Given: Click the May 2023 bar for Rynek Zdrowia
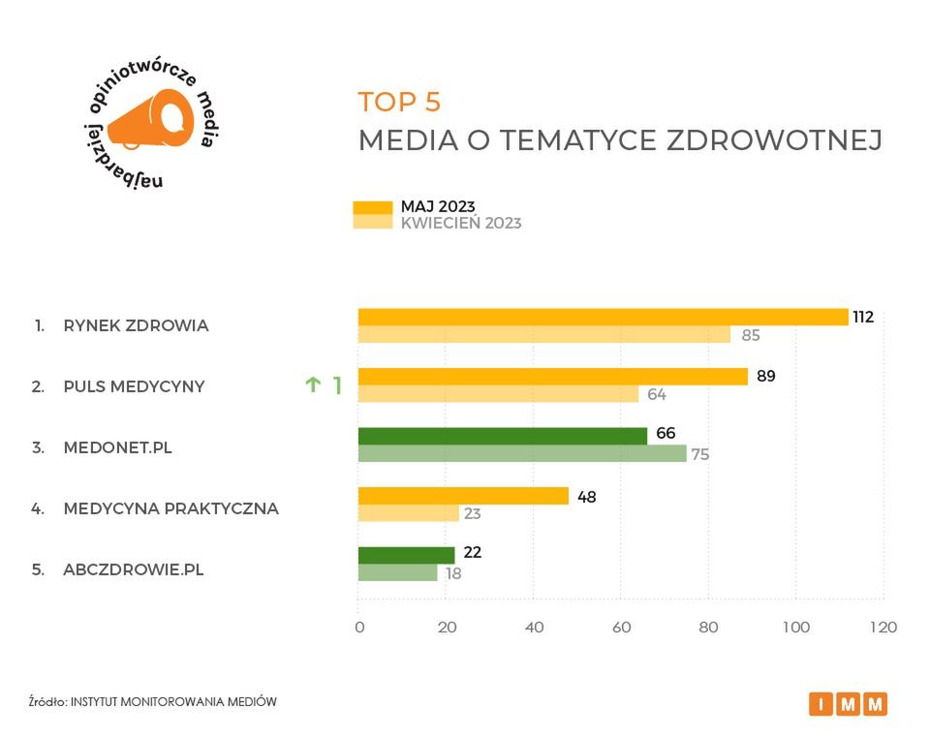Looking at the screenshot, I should [603, 317].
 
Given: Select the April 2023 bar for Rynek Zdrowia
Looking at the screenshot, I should [543, 335].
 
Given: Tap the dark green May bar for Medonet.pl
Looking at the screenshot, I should [502, 436].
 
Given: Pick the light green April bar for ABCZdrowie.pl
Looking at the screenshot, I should [397, 572].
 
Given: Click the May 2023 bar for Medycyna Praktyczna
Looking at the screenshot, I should [463, 496].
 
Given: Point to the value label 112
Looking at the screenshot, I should [863, 317].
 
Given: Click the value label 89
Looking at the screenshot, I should [764, 376].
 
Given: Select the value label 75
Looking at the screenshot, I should [699, 454].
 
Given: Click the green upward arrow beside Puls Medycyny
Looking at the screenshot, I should [313, 385].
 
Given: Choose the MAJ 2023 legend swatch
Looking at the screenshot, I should [372, 206].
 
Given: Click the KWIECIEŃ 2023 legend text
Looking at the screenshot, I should [461, 223].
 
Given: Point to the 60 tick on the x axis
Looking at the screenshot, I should [621, 628].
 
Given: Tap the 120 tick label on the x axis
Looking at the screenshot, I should [882, 628].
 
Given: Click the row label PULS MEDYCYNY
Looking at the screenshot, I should [134, 386].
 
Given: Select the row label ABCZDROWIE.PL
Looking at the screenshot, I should [134, 569].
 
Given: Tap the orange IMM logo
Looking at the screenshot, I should [848, 704].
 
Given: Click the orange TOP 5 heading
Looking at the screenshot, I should [399, 102].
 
